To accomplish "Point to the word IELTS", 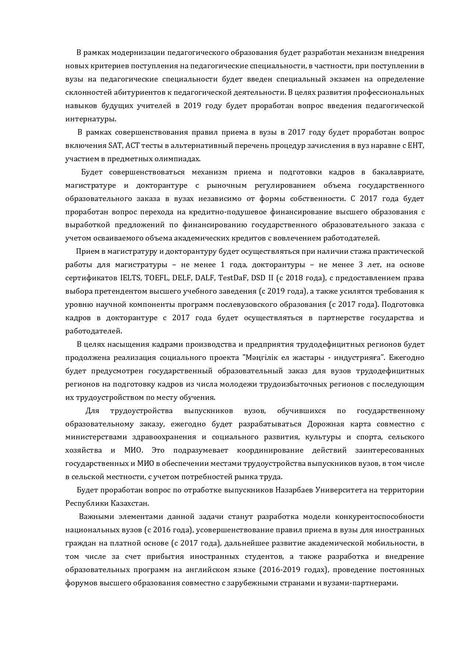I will [x=129, y=278].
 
